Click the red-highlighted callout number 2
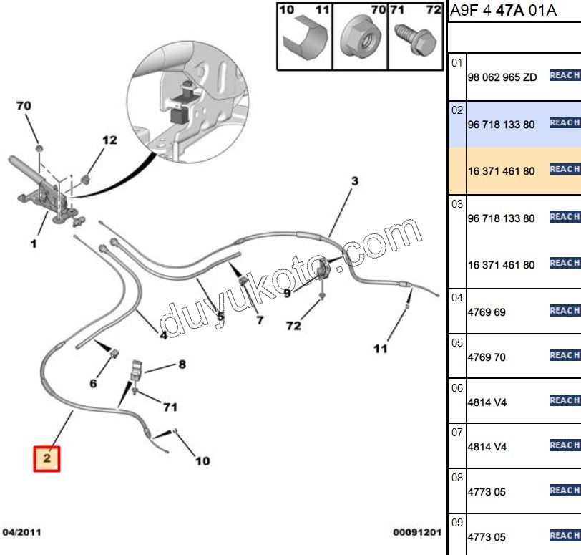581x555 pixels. point(47,458)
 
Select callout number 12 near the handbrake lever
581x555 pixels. point(108,140)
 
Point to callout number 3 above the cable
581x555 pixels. point(354,181)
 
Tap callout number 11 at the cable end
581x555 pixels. point(380,349)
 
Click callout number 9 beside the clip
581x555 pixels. point(287,292)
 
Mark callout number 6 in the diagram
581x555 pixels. point(93,383)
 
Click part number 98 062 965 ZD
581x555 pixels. point(502,77)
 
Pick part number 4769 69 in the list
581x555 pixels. point(487,312)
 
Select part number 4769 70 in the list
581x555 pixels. point(487,357)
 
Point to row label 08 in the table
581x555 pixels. point(457,477)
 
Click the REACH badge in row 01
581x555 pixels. point(565,75)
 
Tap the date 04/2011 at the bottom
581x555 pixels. point(23,533)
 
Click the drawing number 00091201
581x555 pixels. point(416,533)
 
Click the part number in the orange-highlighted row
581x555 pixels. point(502,171)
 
